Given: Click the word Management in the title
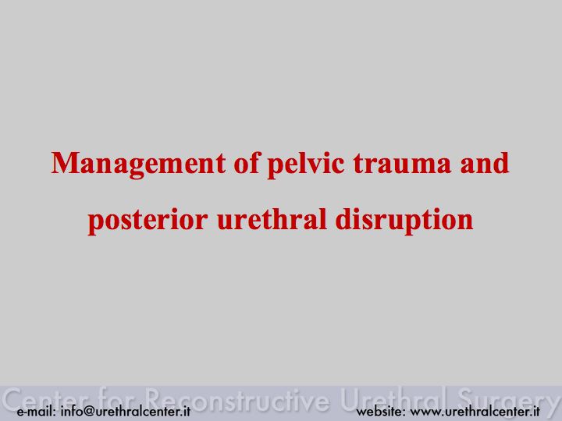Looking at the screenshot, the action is (x=138, y=165).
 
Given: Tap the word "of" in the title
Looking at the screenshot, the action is (x=246, y=162).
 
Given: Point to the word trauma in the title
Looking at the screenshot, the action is (x=402, y=164).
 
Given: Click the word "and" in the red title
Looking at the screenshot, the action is (x=484, y=162).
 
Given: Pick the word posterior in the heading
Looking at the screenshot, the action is (x=148, y=220).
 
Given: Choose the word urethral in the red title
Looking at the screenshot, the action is (x=272, y=218).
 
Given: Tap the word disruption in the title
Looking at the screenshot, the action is (x=404, y=220).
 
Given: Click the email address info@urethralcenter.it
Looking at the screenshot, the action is (x=126, y=411).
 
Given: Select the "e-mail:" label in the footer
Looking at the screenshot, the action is (x=36, y=412).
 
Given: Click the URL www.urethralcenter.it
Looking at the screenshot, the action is (x=475, y=412).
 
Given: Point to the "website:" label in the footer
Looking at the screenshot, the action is (x=381, y=412).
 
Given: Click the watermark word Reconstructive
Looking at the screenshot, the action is (x=238, y=398).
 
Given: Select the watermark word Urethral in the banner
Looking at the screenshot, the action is (x=393, y=398).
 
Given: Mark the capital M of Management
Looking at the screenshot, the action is (x=65, y=163).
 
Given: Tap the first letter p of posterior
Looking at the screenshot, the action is (x=95, y=223).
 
